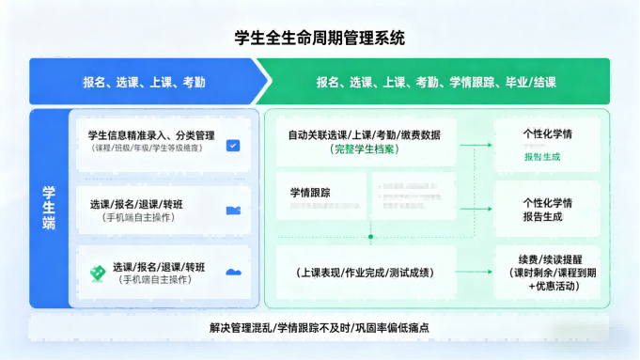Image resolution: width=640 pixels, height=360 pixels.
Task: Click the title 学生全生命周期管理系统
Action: pyautogui.click(x=320, y=39)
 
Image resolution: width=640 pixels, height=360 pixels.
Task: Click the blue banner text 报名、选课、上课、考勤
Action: pyautogui.click(x=144, y=82)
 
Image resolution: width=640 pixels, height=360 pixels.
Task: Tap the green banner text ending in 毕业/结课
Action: pyautogui.click(x=435, y=82)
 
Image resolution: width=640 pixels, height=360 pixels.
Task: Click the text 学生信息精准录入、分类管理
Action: pyautogui.click(x=151, y=135)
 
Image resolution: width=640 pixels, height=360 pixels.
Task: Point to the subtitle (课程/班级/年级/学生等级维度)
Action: pyautogui.click(x=151, y=149)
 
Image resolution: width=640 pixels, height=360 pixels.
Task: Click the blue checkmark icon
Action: pyautogui.click(x=233, y=146)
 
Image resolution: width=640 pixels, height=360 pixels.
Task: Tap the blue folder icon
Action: pyautogui.click(x=233, y=210)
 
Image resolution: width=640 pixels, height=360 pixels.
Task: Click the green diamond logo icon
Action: pyautogui.click(x=96, y=273)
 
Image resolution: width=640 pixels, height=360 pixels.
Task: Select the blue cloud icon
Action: pyautogui.click(x=233, y=273)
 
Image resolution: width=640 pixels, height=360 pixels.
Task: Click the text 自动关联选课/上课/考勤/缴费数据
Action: pyautogui.click(x=364, y=135)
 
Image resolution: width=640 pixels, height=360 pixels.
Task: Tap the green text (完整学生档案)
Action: pyautogui.click(x=365, y=149)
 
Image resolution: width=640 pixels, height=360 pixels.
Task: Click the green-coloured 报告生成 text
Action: pyautogui.click(x=542, y=157)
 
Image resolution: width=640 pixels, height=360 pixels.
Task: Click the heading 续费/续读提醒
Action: pyautogui.click(x=548, y=259)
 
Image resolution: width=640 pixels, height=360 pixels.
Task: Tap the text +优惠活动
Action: pyautogui.click(x=548, y=286)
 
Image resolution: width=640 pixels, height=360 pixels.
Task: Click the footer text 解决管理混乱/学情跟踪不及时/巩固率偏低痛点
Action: pyautogui.click(x=320, y=328)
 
